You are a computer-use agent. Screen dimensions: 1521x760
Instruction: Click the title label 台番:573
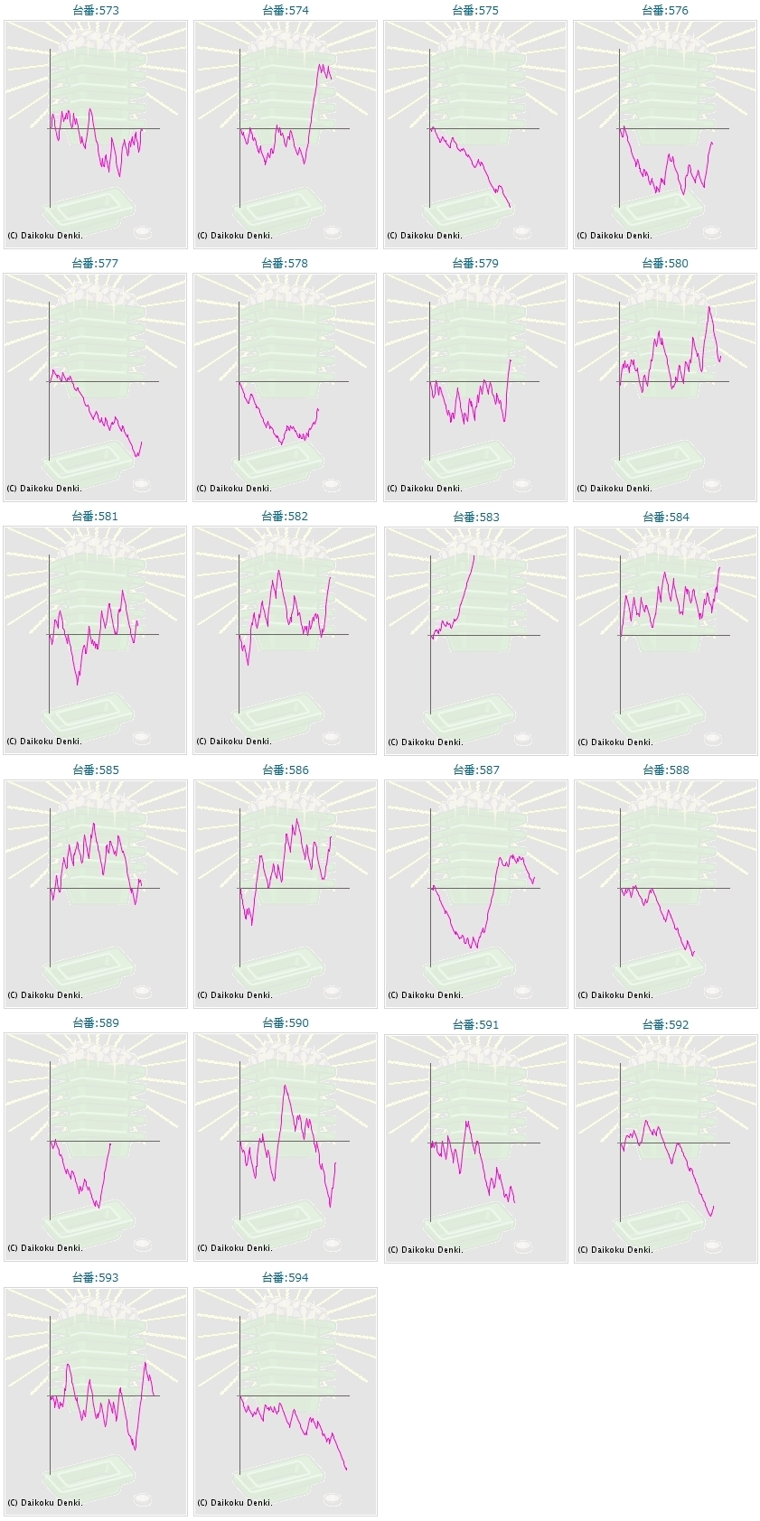point(95,11)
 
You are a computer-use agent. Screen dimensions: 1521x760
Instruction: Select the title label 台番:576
point(664,11)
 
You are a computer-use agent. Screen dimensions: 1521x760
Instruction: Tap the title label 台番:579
point(474,264)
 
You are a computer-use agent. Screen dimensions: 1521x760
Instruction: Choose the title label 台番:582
point(285,517)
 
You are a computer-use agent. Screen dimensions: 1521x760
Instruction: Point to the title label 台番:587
point(475,770)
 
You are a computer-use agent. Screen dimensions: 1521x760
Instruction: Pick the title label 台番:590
point(285,1023)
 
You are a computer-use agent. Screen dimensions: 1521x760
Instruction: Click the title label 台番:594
point(285,1278)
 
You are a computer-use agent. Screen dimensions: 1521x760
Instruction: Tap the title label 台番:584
point(665,518)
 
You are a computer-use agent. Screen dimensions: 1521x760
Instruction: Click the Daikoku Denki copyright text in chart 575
point(425,236)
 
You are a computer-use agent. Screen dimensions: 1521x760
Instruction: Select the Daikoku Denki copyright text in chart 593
point(45,1503)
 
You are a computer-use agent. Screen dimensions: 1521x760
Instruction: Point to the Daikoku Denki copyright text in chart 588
point(615,995)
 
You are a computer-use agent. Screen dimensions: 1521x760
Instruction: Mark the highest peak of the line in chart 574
point(319,65)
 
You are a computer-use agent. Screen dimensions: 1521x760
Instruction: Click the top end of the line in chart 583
point(474,555)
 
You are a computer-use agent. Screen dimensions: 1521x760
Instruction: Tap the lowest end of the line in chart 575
point(510,207)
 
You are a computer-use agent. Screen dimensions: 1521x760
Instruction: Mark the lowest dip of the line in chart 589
point(97,1207)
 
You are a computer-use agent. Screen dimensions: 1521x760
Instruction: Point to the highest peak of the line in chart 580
point(709,307)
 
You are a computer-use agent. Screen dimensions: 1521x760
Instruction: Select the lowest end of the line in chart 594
point(346,1470)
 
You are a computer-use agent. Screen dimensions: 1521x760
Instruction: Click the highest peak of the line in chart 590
point(286,1085)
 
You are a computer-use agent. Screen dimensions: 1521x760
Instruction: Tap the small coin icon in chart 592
point(712,1246)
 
